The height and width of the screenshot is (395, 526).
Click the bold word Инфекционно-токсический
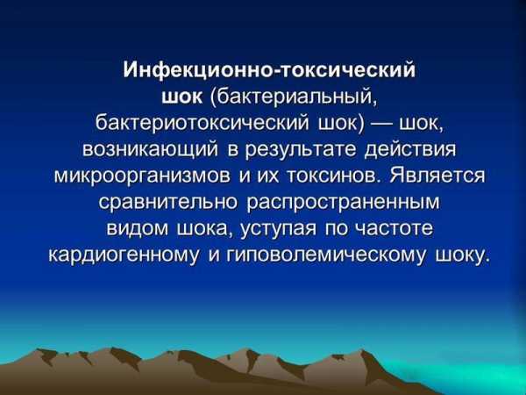[269, 70]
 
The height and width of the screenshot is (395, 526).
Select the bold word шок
[182, 97]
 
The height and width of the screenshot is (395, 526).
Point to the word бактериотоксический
[202, 124]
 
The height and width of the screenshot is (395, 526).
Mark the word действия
[410, 150]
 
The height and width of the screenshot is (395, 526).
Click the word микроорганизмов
[142, 176]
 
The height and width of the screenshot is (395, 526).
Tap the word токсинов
[333, 176]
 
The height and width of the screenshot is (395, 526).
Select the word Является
[437, 176]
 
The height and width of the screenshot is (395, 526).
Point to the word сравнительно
[167, 203]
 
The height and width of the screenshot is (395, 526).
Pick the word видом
[138, 228]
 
